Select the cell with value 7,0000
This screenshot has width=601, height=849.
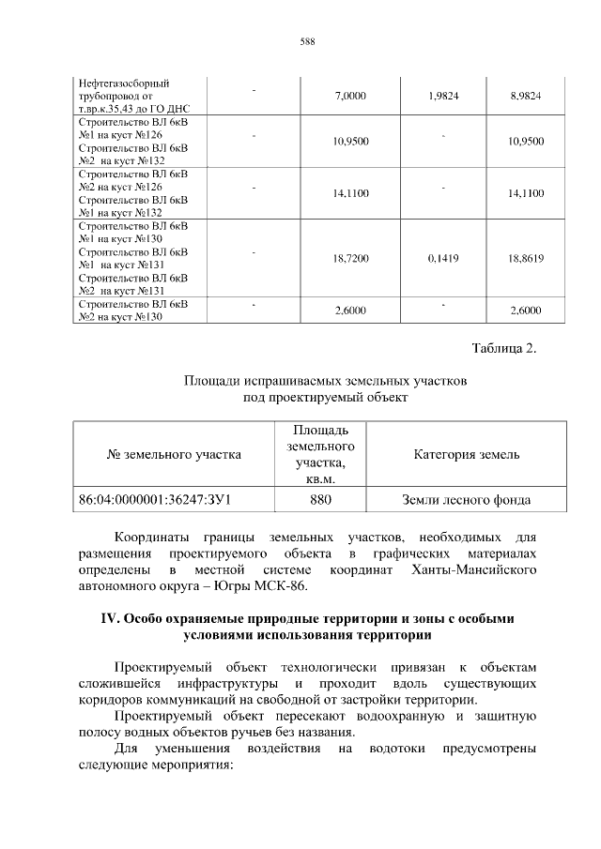coord(349,97)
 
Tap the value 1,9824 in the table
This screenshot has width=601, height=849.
coord(442,97)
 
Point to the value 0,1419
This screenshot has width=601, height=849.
coord(442,258)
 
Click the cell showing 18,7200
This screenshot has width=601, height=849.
coord(349,258)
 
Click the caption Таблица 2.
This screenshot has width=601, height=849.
coord(503,350)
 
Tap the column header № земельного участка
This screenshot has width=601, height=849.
coord(175,455)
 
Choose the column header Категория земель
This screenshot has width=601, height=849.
coord(466,455)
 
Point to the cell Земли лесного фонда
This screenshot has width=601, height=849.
coord(466,500)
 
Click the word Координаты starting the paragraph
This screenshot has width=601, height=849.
coord(150,538)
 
